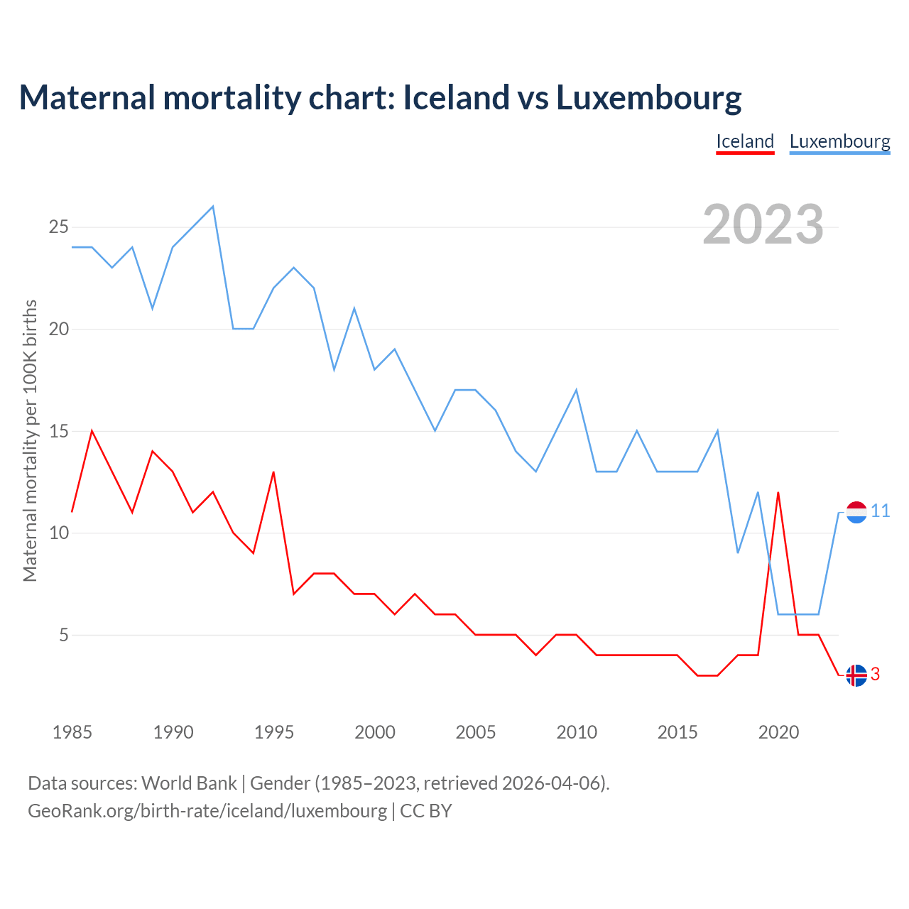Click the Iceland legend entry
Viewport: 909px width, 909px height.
[x=745, y=141]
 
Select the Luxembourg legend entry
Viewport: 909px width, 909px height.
[x=839, y=141]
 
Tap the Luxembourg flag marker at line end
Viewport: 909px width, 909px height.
[x=856, y=512]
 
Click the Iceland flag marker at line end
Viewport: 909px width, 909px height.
[x=856, y=675]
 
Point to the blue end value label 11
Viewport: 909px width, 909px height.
[x=881, y=511]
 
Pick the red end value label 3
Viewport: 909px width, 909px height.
[x=876, y=675]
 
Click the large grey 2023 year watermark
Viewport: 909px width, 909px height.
[x=763, y=224]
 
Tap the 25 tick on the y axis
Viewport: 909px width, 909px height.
[x=58, y=227]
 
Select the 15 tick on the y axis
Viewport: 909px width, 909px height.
[x=58, y=431]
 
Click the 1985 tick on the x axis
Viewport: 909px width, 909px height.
[x=72, y=732]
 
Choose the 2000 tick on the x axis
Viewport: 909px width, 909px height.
[x=375, y=732]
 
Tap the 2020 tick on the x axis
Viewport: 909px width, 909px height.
[x=778, y=732]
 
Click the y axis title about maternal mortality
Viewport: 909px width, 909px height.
[x=30, y=440]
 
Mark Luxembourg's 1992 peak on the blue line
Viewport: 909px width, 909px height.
[x=213, y=207]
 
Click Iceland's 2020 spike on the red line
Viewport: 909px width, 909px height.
[x=778, y=492]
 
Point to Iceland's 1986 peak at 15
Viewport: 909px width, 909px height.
[x=92, y=431]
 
